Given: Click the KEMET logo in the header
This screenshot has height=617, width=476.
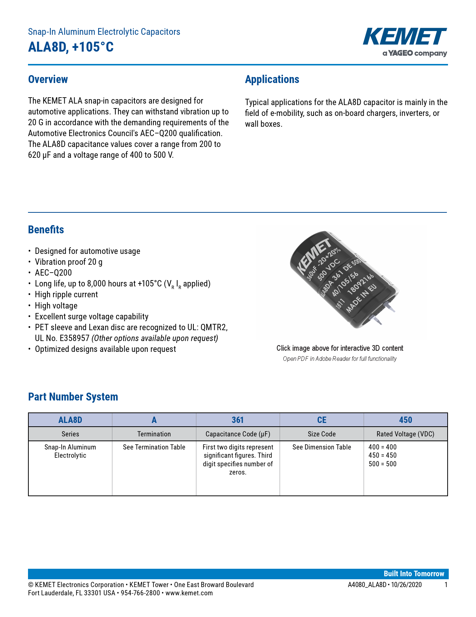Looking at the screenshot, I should pyautogui.click(x=405, y=37).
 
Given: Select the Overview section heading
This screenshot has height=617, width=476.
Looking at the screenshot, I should pyautogui.click(x=48, y=79).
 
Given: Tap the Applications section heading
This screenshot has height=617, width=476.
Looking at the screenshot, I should pyautogui.click(x=272, y=79).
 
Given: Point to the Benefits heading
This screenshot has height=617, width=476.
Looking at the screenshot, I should pyautogui.click(x=46, y=230).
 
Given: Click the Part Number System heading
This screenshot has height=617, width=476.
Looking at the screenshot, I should pyautogui.click(x=73, y=397).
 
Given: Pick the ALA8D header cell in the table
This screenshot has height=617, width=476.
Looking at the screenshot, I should pyautogui.click(x=70, y=420).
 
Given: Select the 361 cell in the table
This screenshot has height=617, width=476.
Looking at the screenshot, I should pyautogui.click(x=238, y=420).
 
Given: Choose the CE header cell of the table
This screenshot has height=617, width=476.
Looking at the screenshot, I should pyautogui.click(x=321, y=420).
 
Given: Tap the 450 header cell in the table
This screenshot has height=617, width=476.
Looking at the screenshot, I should pyautogui.click(x=405, y=420).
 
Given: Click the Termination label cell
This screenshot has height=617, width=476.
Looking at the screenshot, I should pyautogui.click(x=154, y=434).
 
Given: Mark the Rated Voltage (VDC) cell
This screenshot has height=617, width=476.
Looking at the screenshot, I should pyautogui.click(x=405, y=434).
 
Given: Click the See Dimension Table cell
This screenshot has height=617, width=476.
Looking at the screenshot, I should pyautogui.click(x=321, y=447).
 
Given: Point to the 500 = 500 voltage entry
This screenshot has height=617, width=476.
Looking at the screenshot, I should pyautogui.click(x=382, y=464).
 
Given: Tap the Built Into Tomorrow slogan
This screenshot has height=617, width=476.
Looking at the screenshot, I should pyautogui.click(x=414, y=574).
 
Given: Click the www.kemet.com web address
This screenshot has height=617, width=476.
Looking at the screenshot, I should pyautogui.click(x=189, y=593).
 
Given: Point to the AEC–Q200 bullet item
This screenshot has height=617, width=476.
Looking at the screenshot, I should pyautogui.click(x=53, y=273).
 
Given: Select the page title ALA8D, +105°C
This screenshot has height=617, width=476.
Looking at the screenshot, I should pyautogui.click(x=71, y=47).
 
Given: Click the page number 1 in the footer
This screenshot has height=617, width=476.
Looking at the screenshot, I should pyautogui.click(x=446, y=585).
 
